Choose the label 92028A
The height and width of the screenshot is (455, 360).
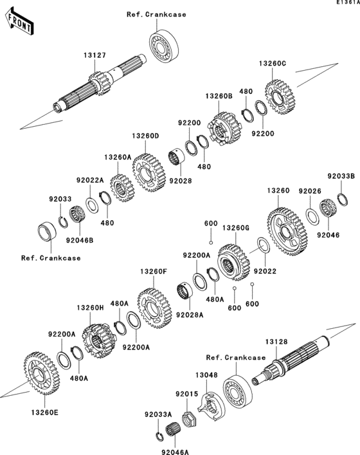pos(190,315)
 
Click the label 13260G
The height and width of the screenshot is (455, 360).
pos(235,227)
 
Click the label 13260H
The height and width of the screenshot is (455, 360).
pos(91,308)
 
